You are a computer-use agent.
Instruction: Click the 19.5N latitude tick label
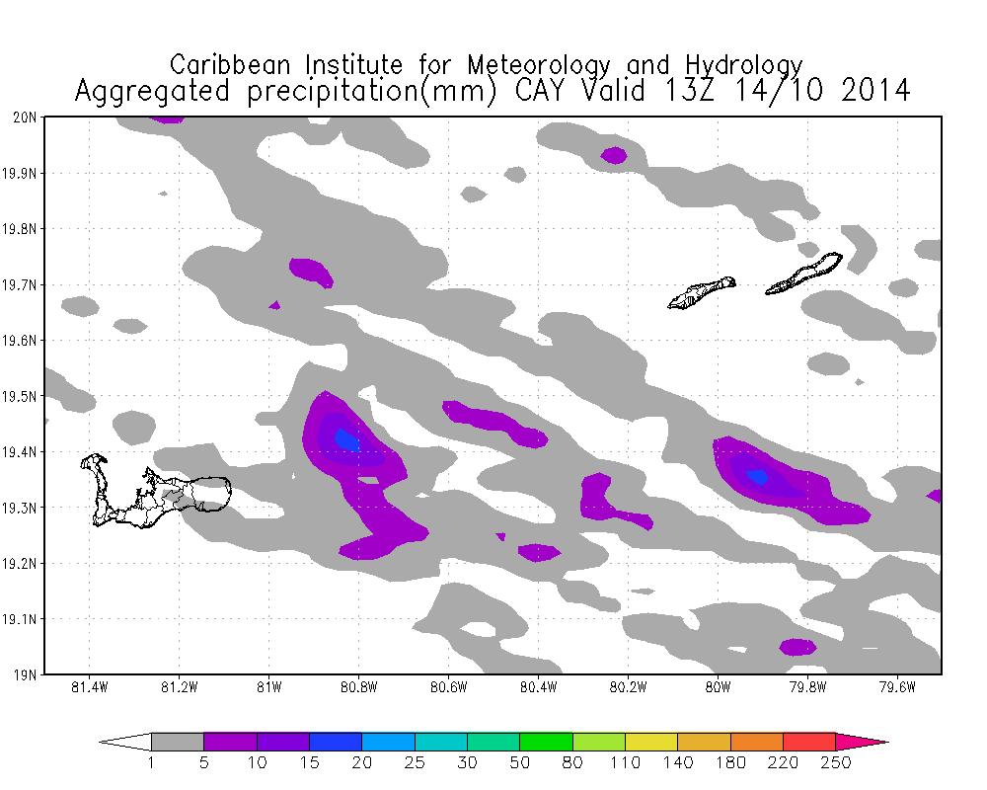[x=23, y=397]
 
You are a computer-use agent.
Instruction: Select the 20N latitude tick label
[x=27, y=118]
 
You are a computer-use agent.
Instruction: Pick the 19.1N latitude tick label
[x=23, y=620]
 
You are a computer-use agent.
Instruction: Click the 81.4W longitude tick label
[x=89, y=687]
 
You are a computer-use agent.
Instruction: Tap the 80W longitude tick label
[x=718, y=687]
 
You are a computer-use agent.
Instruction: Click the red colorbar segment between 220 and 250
[x=808, y=742]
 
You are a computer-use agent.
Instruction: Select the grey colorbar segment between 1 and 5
[x=178, y=742]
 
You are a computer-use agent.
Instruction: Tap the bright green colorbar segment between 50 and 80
[x=546, y=742]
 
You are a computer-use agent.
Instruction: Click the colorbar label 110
[x=625, y=762]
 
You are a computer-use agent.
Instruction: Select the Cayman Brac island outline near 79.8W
[x=804, y=275]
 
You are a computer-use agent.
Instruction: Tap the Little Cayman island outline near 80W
[x=702, y=292]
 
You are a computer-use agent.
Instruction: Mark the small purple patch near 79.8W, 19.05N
[x=797, y=647]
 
